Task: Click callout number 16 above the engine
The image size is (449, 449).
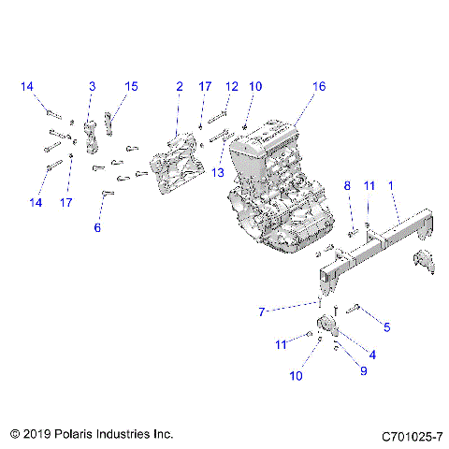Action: [x=319, y=86]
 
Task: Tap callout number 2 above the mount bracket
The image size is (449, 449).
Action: [x=179, y=86]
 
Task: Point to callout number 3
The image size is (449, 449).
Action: [x=92, y=86]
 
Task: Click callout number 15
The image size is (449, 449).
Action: [x=131, y=86]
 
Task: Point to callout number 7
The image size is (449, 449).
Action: [x=264, y=311]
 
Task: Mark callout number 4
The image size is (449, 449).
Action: [x=371, y=355]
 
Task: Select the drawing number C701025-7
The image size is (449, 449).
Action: [x=411, y=436]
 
